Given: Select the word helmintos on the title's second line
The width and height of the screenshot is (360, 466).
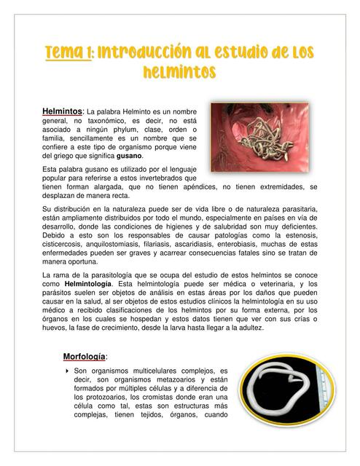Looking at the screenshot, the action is tap(179, 71).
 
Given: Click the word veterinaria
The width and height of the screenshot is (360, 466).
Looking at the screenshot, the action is tap(272, 283).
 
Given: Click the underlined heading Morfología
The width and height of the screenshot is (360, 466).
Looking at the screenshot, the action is tap(85, 356).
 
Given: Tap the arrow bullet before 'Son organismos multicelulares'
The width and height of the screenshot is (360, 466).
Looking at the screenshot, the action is tap(67, 371).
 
